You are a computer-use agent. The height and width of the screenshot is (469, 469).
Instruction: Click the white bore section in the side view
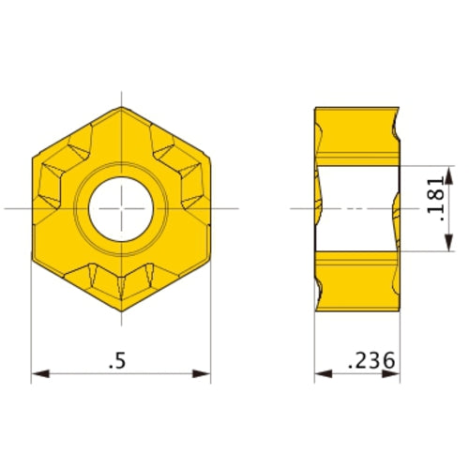tap(356, 207)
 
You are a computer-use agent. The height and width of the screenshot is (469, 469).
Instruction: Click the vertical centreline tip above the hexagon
tap(121, 94)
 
